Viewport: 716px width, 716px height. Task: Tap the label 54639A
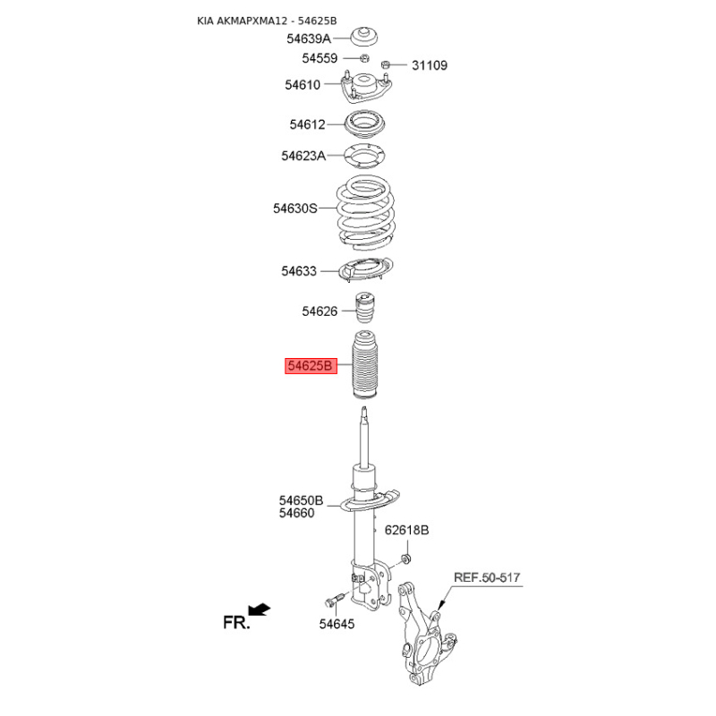(309, 38)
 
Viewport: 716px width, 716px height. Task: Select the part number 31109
(430, 65)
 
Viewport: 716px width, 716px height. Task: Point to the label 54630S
(295, 209)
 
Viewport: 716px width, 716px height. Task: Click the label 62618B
(407, 531)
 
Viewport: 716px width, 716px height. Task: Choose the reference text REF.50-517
(486, 577)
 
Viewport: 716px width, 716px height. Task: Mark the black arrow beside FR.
(260, 609)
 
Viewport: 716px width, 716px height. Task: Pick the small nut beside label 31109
(387, 64)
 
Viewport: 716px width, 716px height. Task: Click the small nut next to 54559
(364, 58)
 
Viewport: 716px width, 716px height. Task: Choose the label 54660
(296, 513)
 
